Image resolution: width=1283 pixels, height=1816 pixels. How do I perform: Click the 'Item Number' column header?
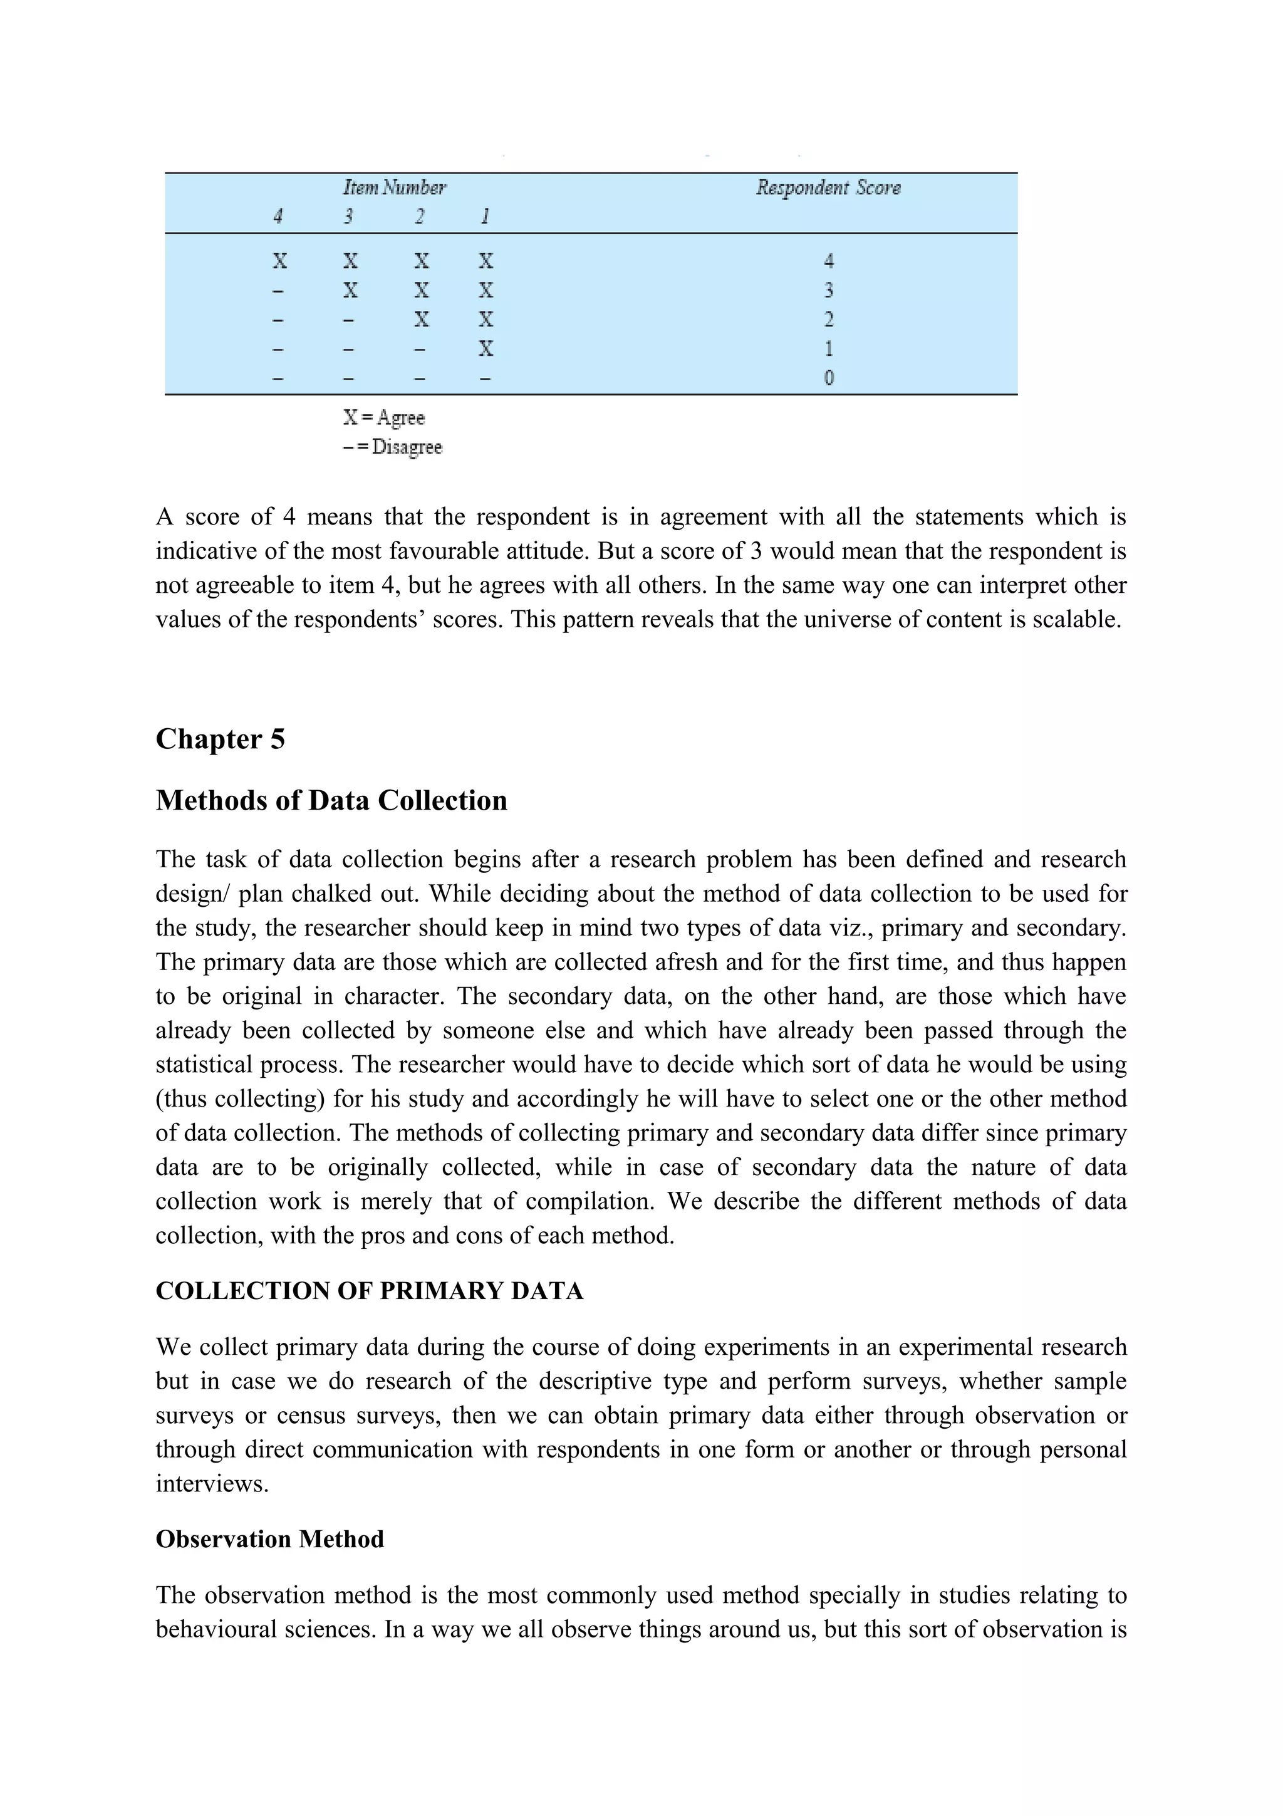[x=393, y=187]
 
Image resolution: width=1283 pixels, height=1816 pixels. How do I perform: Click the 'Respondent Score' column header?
[x=828, y=187]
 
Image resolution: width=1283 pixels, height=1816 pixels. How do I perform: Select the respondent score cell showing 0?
[x=828, y=378]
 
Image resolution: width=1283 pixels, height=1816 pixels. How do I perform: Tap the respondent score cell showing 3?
[x=828, y=290]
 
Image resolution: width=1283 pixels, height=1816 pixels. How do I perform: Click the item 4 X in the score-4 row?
[x=279, y=261]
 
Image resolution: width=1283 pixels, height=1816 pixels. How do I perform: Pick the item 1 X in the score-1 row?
[x=486, y=349]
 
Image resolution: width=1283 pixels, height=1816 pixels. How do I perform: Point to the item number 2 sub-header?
[x=420, y=216]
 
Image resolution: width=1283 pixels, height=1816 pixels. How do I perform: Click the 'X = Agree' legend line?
[x=384, y=417]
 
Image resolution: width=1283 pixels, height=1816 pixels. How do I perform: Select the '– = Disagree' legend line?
[x=392, y=447]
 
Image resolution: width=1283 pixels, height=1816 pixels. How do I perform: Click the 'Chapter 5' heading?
[x=220, y=739]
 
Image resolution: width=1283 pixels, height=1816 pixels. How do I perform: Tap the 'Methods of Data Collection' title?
[x=331, y=800]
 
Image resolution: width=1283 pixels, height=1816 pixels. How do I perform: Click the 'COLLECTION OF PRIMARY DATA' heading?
[x=369, y=1291]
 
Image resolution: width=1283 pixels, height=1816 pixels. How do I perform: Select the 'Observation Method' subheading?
[x=269, y=1539]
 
